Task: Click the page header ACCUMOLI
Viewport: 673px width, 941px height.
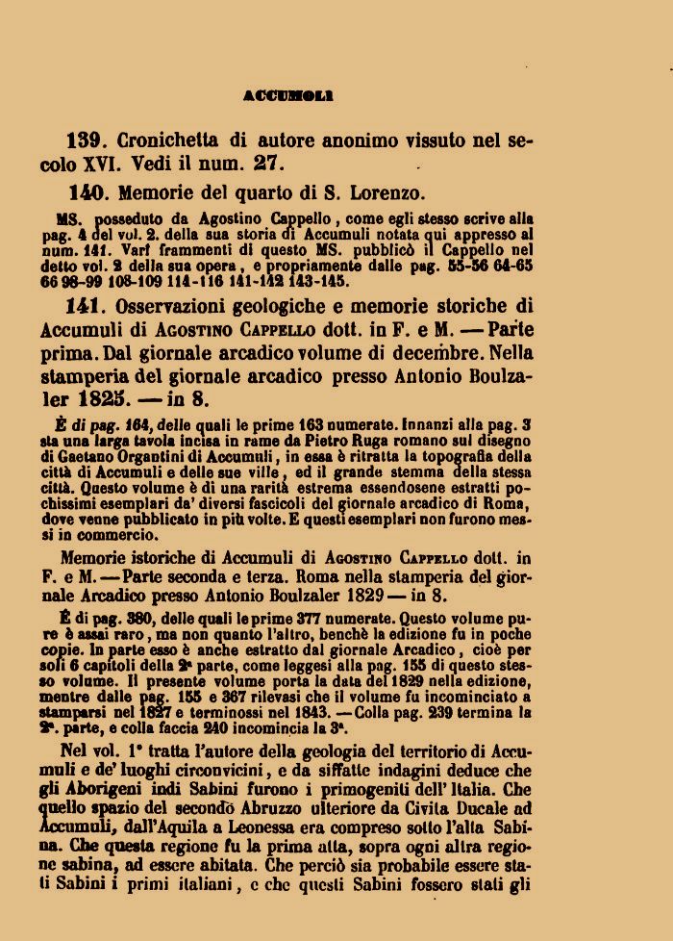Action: click(288, 95)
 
